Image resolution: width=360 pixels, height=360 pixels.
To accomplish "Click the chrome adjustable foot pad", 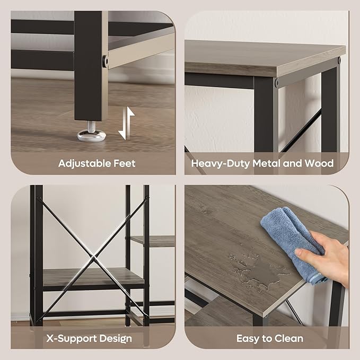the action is click(x=91, y=135).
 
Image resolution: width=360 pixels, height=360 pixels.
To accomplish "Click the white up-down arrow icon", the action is click(x=126, y=123).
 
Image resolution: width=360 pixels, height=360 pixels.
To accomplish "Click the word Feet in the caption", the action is click(x=125, y=163).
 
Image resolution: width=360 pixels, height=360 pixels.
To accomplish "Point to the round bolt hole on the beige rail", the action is click(x=105, y=61).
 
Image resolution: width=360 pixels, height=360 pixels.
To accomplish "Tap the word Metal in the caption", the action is click(x=267, y=163).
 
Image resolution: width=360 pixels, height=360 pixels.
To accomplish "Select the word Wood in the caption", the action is click(x=319, y=163).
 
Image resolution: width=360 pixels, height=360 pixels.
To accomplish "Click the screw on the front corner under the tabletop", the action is click(x=276, y=82).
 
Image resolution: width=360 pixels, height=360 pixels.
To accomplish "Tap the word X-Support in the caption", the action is click(x=72, y=339).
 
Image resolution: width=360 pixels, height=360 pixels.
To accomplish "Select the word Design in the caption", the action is click(x=116, y=339).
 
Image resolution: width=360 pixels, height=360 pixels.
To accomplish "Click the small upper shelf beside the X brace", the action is click(x=153, y=241).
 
